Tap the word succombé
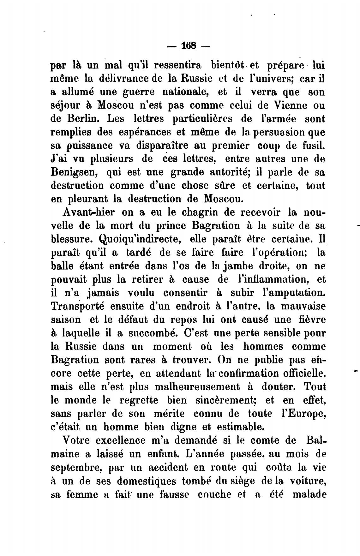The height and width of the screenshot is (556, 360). click(x=151, y=333)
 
